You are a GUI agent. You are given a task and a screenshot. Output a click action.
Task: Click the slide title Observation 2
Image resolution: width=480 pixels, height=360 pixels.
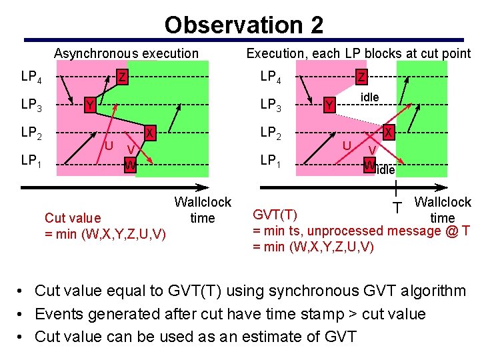click(x=244, y=25)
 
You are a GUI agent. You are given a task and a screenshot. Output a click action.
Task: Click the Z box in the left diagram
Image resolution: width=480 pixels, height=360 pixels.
click(x=123, y=77)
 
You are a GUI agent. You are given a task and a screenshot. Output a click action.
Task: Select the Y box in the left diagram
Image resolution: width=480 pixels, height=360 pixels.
click(x=88, y=105)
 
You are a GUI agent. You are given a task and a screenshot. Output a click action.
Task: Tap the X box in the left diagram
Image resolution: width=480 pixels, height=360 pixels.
click(x=151, y=133)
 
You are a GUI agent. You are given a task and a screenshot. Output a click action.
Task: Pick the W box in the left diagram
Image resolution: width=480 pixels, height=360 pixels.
click(x=131, y=164)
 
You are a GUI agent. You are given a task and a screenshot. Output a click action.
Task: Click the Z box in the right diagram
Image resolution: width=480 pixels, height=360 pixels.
click(x=361, y=77)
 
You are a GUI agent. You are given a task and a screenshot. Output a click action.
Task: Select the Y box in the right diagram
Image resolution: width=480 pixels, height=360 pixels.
click(x=328, y=105)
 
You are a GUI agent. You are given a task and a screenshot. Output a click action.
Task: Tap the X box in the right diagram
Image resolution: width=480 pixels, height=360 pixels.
click(x=388, y=133)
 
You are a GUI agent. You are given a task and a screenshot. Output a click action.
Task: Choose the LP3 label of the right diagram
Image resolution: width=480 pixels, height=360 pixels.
click(x=271, y=105)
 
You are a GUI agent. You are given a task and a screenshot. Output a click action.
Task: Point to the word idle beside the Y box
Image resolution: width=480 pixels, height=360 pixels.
click(x=369, y=97)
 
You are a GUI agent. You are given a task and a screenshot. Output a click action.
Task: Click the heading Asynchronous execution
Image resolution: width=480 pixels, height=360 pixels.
click(x=126, y=53)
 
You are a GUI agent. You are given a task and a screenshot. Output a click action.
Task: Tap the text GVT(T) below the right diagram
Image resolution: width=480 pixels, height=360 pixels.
click(x=275, y=215)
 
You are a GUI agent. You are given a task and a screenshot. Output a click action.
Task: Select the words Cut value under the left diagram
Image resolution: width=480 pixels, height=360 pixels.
click(x=73, y=218)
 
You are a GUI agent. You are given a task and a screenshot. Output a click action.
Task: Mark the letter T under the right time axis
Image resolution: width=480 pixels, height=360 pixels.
click(x=397, y=208)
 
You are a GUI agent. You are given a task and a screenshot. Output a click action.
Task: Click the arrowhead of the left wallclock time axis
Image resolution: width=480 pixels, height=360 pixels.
click(x=204, y=187)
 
